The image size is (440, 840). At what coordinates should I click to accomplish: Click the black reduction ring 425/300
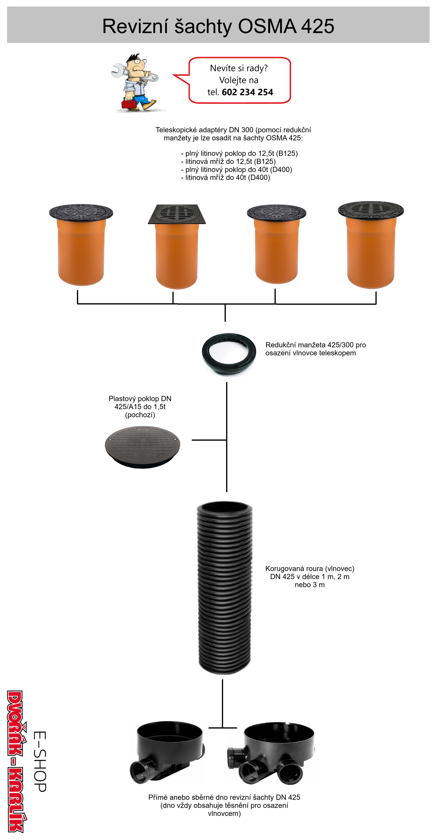[x=229, y=354]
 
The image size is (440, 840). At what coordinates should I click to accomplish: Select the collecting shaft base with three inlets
[x=271, y=753]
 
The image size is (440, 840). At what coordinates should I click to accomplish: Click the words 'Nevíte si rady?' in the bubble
[x=239, y=68]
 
